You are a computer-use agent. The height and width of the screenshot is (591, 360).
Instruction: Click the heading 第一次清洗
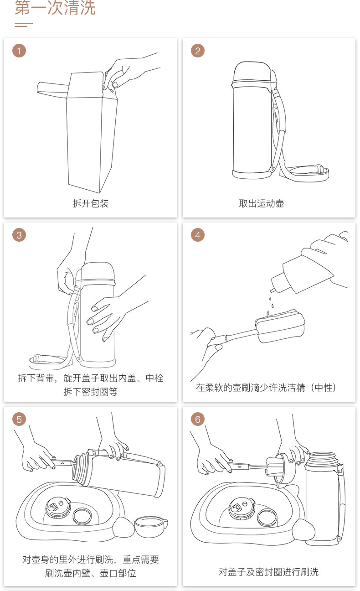tap(55, 7)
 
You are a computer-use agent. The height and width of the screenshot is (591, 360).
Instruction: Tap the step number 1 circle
tap(19, 51)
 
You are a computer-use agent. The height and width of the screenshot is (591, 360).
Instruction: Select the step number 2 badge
tap(198, 51)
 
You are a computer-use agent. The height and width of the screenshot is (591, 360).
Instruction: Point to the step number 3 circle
tap(19, 235)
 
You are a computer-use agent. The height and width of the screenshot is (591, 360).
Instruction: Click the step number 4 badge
tap(198, 235)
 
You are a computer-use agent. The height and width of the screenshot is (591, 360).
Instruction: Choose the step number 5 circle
tap(19, 419)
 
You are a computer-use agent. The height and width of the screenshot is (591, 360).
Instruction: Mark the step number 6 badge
tap(198, 419)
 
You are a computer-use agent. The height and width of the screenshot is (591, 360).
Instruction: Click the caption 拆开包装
tap(91, 203)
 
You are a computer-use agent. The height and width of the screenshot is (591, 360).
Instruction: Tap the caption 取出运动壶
tap(262, 203)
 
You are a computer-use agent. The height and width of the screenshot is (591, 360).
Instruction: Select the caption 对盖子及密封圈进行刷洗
tap(269, 572)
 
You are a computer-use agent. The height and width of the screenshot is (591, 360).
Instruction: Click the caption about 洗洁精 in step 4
tap(266, 388)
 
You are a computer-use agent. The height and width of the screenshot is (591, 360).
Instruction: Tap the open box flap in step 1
tap(53, 88)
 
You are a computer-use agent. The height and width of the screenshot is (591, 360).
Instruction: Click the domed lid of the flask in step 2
tap(252, 71)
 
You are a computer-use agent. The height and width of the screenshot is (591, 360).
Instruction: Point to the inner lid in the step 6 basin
tap(242, 508)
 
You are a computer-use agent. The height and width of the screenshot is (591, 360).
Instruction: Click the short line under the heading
tap(24, 25)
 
